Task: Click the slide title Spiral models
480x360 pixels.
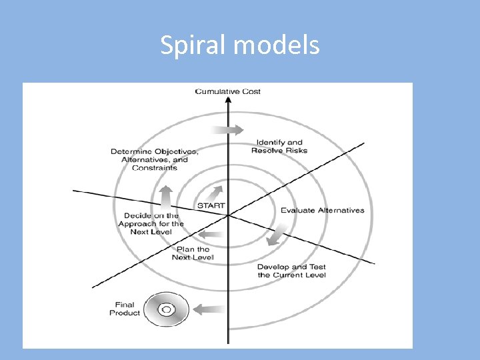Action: [240, 45]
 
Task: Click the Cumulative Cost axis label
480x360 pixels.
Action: [228, 91]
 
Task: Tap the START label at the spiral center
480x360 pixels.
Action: [211, 205]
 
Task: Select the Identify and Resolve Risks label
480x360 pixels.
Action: [279, 146]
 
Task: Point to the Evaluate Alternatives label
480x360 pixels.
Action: [323, 211]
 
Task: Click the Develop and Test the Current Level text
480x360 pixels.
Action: [292, 271]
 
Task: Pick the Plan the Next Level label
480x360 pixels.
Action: [193, 253]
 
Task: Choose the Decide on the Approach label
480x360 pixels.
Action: [151, 223]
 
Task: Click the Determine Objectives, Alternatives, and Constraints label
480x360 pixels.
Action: [155, 159]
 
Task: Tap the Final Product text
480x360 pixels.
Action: [125, 309]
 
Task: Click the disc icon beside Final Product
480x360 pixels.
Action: [165, 309]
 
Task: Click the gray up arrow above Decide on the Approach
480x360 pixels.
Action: [165, 196]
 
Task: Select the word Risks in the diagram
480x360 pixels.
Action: [296, 151]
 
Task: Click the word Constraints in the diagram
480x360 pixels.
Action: [155, 168]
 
